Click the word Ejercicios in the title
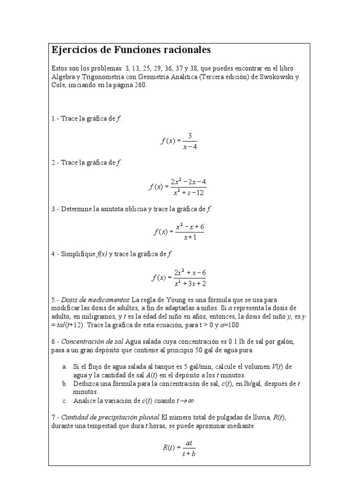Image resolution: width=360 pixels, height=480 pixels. tap(73, 50)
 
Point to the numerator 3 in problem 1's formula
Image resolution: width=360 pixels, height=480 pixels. tap(189, 135)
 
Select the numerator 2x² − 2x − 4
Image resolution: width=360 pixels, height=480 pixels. tap(188, 181)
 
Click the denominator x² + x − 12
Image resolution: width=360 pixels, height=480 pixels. tap(188, 192)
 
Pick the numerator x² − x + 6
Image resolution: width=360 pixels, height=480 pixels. tap(189, 226)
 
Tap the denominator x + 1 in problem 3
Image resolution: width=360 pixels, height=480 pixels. tap(189, 237)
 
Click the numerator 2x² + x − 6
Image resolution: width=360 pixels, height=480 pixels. tap(190, 272)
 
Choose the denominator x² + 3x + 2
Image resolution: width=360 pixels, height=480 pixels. tap(190, 283)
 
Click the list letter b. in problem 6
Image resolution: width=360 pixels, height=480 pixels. tap(64, 383)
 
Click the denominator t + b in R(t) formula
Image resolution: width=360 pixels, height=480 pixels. tap(189, 453)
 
